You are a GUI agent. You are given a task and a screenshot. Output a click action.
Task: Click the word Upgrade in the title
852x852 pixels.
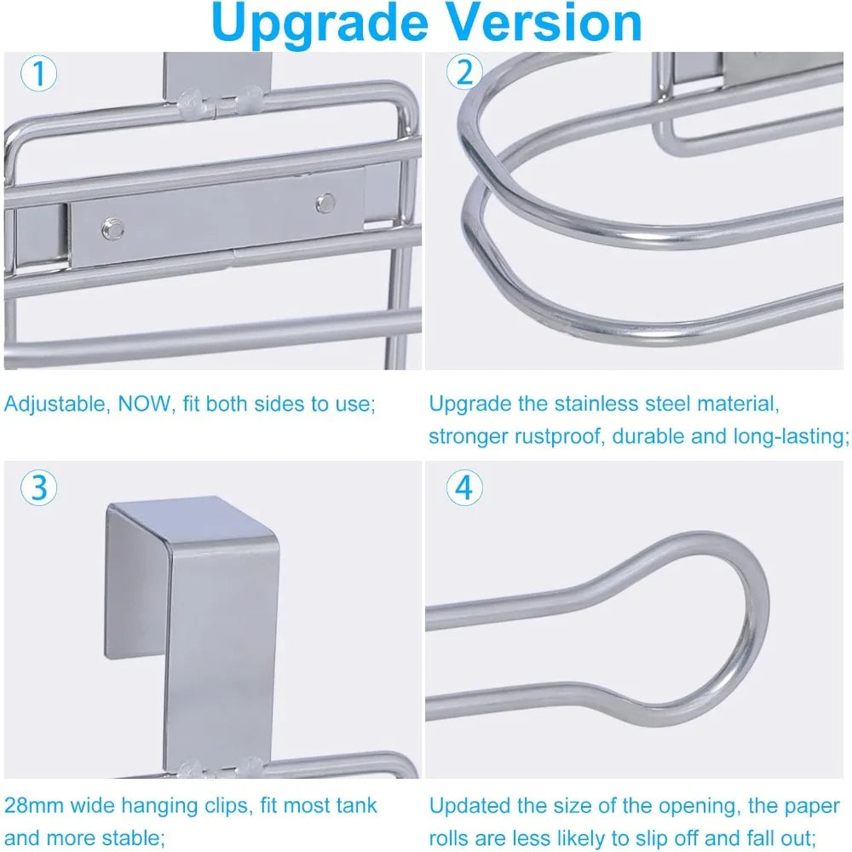tap(320, 23)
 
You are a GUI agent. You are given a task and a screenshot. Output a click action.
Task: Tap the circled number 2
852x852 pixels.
tap(464, 72)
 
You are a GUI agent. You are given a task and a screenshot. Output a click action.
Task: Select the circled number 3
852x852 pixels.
tap(38, 487)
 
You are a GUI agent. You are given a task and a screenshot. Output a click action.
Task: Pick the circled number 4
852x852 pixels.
tap(464, 487)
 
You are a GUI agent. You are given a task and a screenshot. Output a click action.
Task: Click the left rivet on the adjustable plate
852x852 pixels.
tap(112, 228)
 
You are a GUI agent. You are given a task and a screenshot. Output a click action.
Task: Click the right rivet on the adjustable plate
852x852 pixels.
tap(325, 203)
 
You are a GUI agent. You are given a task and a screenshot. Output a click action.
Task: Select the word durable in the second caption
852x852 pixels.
tap(650, 436)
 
